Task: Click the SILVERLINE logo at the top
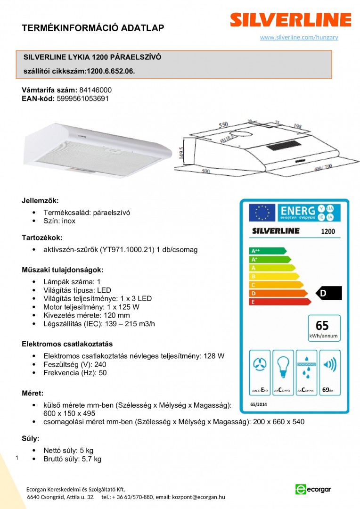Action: [x=290, y=20]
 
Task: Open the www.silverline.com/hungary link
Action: [x=299, y=37]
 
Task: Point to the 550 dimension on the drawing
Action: [x=223, y=125]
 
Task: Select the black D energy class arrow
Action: [x=328, y=293]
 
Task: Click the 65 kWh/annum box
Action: [x=323, y=328]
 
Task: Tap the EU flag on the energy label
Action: [x=262, y=213]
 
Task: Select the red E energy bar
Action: [x=280, y=302]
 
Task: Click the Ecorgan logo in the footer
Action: [x=313, y=489]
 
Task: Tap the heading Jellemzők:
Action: [x=40, y=201]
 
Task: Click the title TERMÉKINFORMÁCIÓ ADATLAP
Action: [x=93, y=28]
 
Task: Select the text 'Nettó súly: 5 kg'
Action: [x=68, y=451]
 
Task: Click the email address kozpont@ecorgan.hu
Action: [x=198, y=497]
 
